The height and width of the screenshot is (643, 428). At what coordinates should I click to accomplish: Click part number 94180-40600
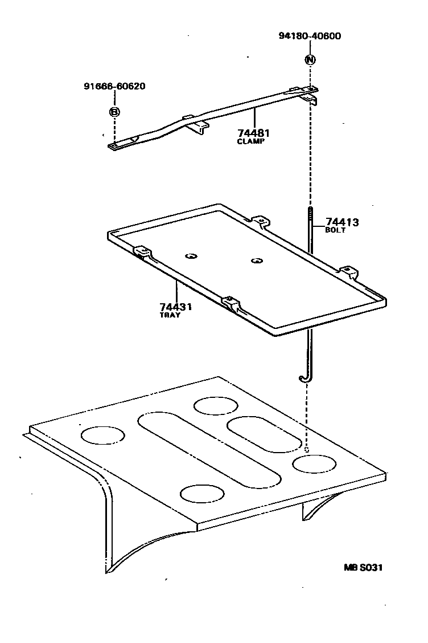310,36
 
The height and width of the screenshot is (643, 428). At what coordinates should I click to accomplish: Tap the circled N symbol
310,59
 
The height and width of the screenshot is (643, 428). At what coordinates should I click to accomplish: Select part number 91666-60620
114,87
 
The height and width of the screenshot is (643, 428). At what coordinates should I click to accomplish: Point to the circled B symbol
114,112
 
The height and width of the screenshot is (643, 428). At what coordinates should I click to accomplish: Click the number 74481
254,133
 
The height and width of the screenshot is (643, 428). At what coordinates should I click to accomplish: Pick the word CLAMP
251,141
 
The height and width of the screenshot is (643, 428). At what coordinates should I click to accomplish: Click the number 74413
342,222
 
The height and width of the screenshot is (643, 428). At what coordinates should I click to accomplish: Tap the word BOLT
335,230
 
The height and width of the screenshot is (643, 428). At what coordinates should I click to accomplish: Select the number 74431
175,307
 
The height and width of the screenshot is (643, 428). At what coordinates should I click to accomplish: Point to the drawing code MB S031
363,567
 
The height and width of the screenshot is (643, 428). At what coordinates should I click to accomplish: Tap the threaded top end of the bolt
310,215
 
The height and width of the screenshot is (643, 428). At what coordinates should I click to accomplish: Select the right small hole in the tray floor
257,261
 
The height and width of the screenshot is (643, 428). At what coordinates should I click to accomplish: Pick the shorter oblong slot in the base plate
264,434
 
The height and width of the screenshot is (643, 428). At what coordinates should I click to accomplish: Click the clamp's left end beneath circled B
114,146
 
